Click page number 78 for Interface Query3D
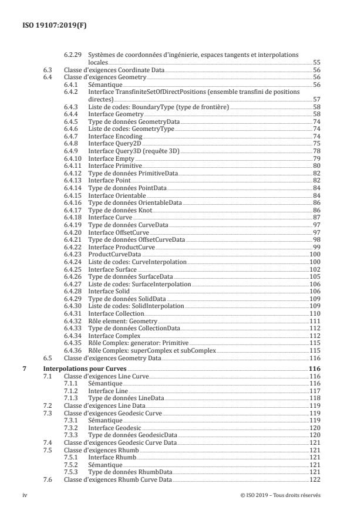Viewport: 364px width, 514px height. click(316, 150)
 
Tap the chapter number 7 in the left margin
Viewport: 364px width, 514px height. click(23, 368)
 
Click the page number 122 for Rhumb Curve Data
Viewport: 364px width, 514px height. click(315, 479)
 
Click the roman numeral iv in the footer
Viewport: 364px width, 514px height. click(25, 495)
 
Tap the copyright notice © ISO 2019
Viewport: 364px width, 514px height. click(281, 495)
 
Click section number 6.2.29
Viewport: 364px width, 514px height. click(73, 54)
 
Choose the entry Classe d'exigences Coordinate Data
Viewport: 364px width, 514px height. click(114, 69)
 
